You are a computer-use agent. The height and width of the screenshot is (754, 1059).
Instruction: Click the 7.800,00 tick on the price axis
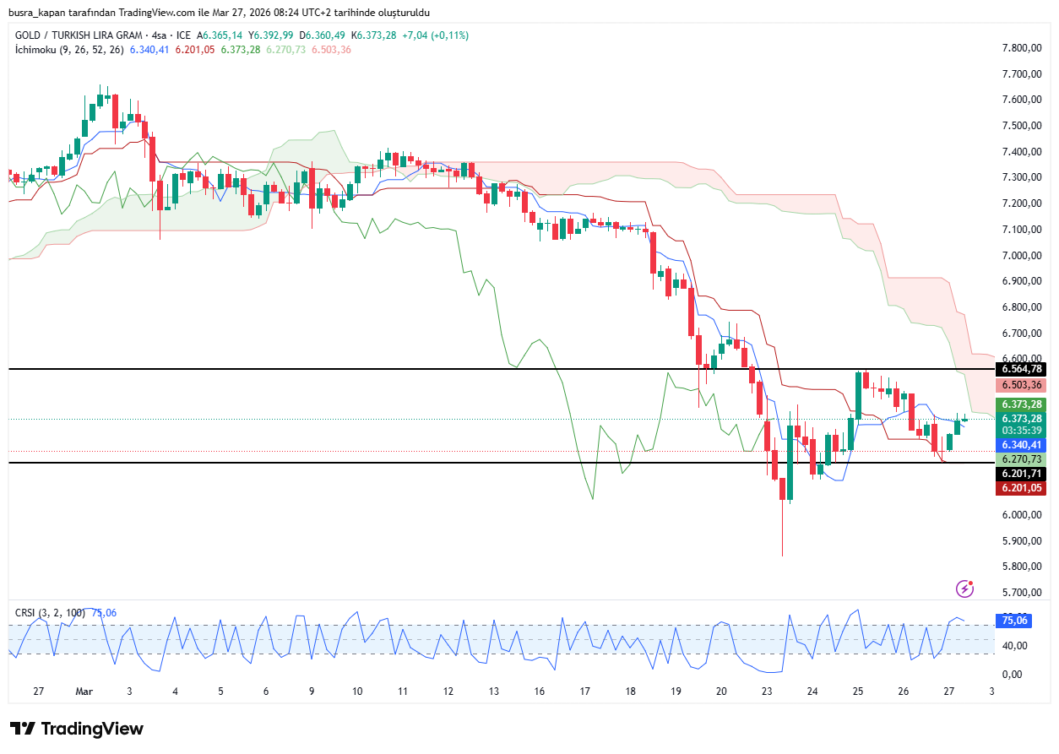(1021, 48)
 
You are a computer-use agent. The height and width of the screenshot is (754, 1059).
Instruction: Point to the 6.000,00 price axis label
(1021, 515)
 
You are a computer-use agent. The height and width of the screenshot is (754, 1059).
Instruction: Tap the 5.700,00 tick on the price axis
(1021, 593)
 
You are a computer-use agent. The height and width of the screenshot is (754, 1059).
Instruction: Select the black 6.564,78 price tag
(1021, 369)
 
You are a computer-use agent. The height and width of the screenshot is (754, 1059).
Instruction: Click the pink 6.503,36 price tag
(1021, 385)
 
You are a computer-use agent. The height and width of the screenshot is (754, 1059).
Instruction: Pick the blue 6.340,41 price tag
(1021, 445)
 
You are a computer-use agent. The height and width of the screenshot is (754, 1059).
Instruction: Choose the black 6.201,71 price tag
(1021, 474)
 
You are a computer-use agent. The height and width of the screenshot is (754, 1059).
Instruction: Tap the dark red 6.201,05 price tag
(1021, 488)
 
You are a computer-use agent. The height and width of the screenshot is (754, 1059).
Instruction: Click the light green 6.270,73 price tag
(1021, 458)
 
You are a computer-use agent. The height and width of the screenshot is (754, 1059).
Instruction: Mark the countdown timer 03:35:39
(1021, 430)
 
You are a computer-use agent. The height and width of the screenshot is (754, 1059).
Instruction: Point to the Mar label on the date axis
(84, 691)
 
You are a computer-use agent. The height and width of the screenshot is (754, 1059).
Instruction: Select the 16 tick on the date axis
(539, 691)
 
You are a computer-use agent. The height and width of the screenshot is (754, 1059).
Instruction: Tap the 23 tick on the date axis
(767, 691)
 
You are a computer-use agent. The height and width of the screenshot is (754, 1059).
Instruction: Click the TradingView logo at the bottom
(77, 729)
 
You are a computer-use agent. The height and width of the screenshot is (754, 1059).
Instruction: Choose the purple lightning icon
(964, 589)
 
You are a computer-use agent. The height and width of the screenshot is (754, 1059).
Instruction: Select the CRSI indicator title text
(26, 613)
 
